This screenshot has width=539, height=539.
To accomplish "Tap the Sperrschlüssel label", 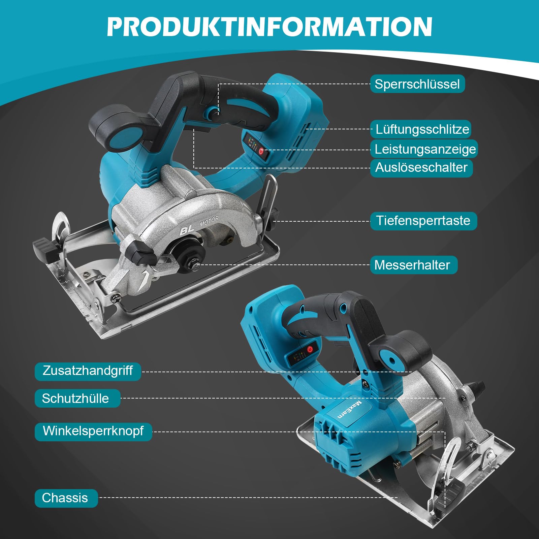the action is [x=417, y=84].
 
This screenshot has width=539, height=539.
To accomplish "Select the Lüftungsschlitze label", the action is [x=422, y=129].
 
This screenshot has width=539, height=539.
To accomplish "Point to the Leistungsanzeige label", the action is [x=425, y=149].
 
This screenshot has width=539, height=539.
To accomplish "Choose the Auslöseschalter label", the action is [x=421, y=167].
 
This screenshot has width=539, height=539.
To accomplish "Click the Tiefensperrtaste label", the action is [x=423, y=221].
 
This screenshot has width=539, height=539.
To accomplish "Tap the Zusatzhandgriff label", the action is [x=88, y=371].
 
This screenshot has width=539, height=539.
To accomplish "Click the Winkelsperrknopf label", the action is [x=93, y=431].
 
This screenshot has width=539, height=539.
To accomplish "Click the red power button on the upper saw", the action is [x=261, y=151].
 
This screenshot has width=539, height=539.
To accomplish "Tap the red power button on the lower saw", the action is [x=310, y=350].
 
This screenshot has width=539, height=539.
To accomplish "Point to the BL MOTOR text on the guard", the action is [x=198, y=226].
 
